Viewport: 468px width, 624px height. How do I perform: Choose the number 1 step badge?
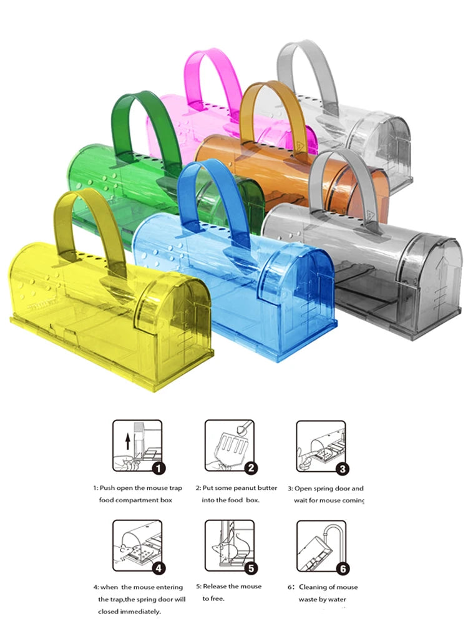point(158,469)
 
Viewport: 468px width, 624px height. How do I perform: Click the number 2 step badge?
point(251,468)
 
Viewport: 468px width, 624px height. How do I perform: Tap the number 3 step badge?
point(343,469)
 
